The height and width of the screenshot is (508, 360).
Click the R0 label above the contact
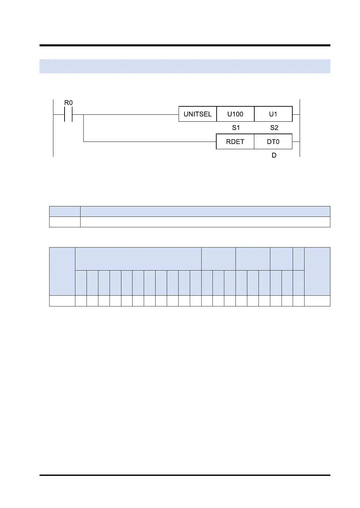coord(68,103)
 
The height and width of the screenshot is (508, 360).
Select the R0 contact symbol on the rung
coord(68,114)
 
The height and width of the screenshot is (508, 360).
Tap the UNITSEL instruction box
coord(197,114)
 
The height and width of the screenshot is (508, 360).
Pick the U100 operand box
coord(235,114)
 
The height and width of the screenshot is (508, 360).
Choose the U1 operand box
coord(273,114)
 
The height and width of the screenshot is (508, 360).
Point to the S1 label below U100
coord(236,128)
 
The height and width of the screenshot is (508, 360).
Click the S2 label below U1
coord(274,128)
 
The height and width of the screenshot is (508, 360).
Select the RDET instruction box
coord(235,142)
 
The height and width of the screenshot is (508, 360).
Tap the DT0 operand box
coord(273,142)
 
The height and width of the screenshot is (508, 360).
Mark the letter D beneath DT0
coord(274,155)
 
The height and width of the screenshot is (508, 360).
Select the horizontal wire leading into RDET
coord(150,142)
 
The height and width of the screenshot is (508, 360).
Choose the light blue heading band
coord(185,66)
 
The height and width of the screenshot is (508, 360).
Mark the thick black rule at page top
coord(185,45)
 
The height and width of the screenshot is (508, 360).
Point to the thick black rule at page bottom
coord(185,475)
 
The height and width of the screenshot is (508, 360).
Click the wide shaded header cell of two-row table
coord(205,211)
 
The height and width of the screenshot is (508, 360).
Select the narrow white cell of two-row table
coord(65,222)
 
